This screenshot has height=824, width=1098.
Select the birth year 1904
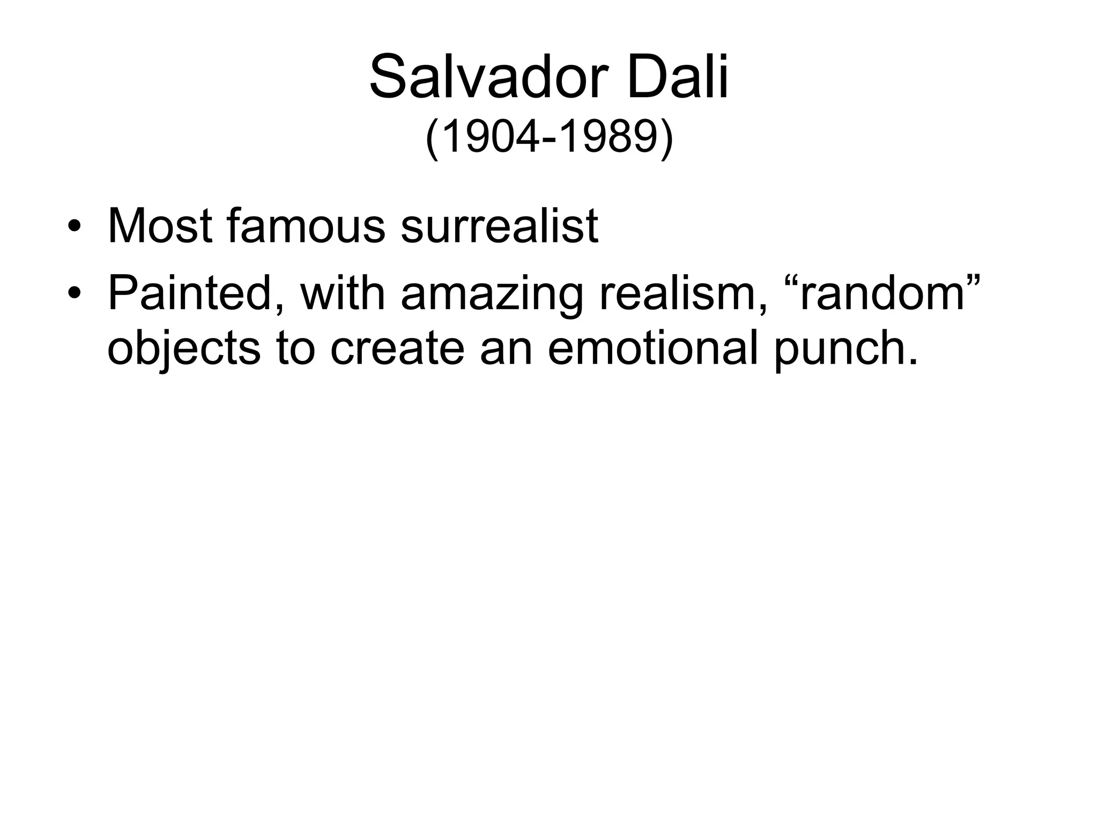click(491, 138)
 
